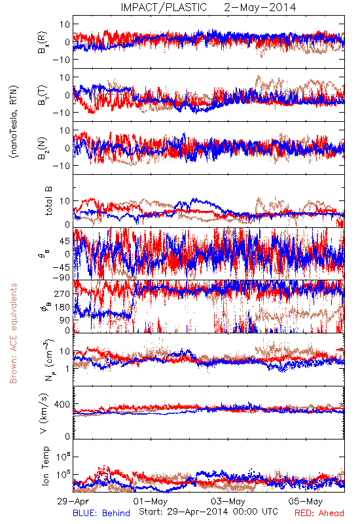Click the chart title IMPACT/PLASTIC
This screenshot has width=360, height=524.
click(x=164, y=7)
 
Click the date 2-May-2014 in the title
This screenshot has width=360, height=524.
click(x=260, y=7)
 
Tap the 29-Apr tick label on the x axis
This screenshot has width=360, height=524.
click(x=73, y=501)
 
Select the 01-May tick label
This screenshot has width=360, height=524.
click(x=151, y=501)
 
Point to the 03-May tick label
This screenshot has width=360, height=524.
click(x=228, y=501)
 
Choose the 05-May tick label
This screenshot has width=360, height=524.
click(x=306, y=501)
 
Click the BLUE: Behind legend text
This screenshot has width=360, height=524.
click(x=101, y=513)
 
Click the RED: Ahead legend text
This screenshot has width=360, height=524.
click(x=319, y=513)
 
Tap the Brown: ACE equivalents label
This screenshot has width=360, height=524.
click(x=13, y=333)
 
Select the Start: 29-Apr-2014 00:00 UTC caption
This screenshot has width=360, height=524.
click(x=208, y=512)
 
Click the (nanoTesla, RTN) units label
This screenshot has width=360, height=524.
click(x=14, y=122)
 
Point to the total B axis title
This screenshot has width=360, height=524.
click(x=48, y=201)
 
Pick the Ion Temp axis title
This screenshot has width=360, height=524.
click(x=45, y=466)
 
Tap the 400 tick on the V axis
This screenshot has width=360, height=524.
click(x=62, y=405)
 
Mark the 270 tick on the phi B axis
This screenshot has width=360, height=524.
click(x=62, y=293)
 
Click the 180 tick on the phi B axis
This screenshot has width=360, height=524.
click(x=62, y=307)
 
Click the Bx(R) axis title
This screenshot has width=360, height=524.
click(x=43, y=43)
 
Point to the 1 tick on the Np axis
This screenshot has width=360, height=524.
click(x=68, y=369)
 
